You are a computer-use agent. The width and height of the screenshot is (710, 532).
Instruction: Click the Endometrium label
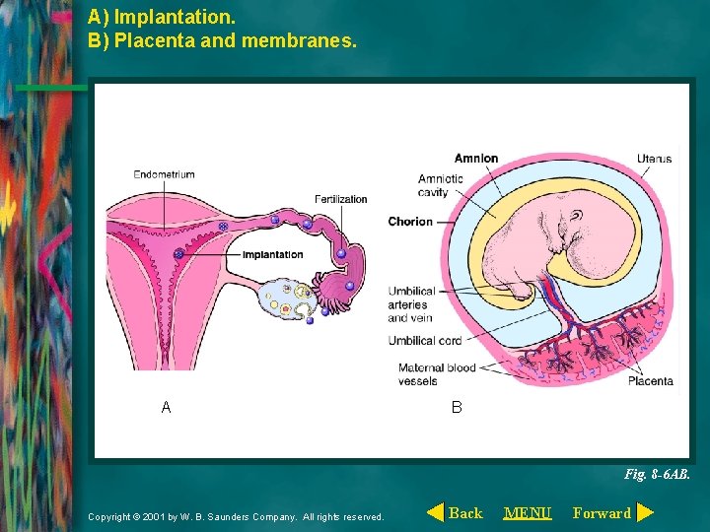point(165,174)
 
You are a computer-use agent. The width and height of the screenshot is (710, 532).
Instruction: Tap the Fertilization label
point(340,199)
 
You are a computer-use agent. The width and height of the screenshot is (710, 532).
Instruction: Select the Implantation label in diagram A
point(273,255)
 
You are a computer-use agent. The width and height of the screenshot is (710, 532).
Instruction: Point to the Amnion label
point(476,159)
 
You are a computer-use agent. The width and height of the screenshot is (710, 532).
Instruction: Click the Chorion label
point(410,222)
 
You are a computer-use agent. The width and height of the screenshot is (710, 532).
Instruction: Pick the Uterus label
point(654,159)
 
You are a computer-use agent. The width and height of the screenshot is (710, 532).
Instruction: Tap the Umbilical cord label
point(424,341)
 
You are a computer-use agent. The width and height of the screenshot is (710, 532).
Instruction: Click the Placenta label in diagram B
point(651,381)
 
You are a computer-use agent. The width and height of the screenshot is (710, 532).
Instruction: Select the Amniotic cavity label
point(433,185)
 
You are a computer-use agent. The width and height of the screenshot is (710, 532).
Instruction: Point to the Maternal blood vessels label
point(437,374)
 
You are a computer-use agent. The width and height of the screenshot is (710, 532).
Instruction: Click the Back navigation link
point(465,512)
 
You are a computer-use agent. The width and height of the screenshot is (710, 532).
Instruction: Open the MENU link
point(528,512)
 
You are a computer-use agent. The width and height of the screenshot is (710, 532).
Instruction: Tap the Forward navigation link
point(602,512)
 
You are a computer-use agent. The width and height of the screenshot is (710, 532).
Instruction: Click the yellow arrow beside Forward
point(645,512)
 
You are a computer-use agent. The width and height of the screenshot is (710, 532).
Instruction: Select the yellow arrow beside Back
point(434,512)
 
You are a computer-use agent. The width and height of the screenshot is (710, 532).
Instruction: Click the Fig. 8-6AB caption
point(657,474)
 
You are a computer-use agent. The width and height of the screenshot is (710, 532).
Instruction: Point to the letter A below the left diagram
point(166,407)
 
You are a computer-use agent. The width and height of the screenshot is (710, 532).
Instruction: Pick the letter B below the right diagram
point(456,407)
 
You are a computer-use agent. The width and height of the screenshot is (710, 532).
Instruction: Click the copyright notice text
point(236,516)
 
